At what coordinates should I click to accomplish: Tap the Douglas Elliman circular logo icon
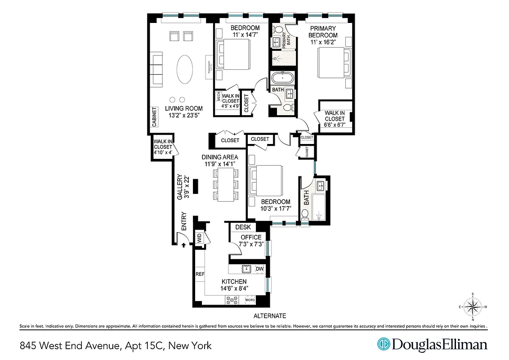tap(383, 344)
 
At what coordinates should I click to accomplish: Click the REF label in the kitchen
tap(200, 274)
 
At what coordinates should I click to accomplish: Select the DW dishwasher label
tap(259, 269)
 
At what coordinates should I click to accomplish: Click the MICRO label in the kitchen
tap(250, 300)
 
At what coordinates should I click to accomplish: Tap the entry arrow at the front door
tap(183, 245)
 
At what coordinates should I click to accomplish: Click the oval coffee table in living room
tap(185, 70)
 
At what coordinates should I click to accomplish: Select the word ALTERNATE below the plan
tap(269, 316)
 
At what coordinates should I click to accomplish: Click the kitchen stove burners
tap(232, 301)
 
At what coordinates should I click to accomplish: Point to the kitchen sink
tap(246, 269)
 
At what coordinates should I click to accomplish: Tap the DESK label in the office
tap(243, 227)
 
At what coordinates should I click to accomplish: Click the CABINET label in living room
tap(154, 117)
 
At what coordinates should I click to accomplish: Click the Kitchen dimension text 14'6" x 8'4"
tap(233, 288)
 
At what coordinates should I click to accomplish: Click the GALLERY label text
tap(179, 187)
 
